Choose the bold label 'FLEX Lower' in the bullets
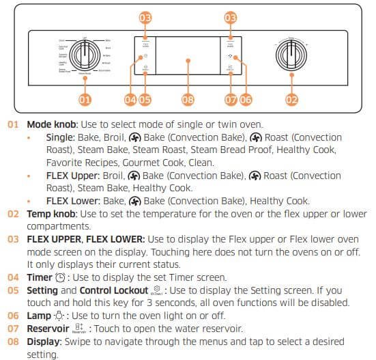pos(70,202)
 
